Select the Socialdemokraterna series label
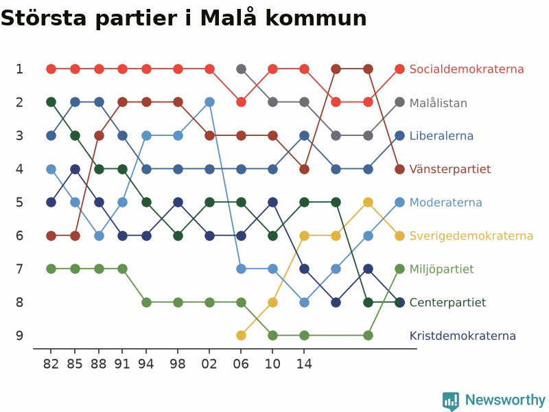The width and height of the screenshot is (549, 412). [467, 69]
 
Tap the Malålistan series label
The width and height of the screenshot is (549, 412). [439, 102]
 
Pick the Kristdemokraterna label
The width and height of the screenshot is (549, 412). [463, 336]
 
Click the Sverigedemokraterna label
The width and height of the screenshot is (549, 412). [471, 236]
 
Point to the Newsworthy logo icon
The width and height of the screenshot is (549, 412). [451, 400]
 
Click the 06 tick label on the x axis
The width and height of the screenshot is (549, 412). [241, 364]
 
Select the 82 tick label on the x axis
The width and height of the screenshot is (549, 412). [51, 364]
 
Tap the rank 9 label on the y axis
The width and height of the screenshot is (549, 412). [20, 336]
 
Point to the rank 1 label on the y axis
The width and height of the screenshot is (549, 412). [20, 69]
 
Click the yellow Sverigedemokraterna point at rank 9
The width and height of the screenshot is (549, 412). [241, 336]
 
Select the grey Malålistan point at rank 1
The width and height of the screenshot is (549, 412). [241, 69]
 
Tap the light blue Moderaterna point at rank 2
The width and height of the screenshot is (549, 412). [209, 102]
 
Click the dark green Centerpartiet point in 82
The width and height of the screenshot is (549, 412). [51, 102]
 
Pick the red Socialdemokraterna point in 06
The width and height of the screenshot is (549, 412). [241, 102]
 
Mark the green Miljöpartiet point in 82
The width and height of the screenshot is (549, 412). [51, 269]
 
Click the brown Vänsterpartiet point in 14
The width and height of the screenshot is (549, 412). [304, 169]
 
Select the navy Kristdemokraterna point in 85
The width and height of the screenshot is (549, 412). [75, 169]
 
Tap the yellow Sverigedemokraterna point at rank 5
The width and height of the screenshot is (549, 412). [368, 203]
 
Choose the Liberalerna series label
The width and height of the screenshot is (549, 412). [441, 135]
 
